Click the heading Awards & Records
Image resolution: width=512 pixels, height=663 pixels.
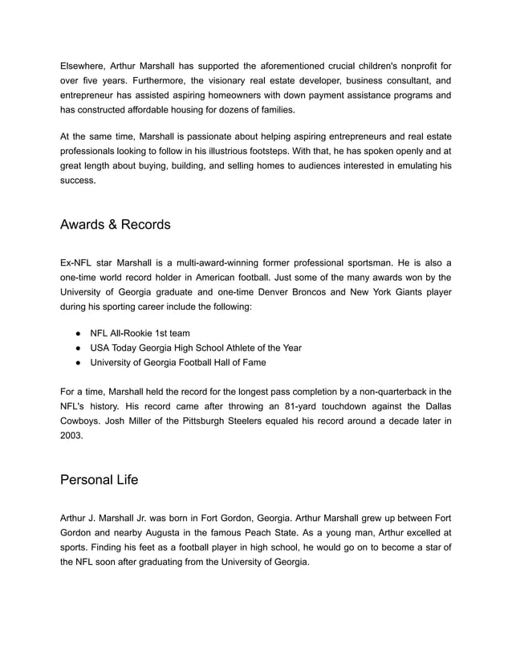pyautogui.click(x=115, y=225)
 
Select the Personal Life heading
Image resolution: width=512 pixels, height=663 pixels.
pyautogui.click(x=99, y=480)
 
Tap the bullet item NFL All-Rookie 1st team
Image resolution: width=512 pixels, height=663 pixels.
pyautogui.click(x=140, y=333)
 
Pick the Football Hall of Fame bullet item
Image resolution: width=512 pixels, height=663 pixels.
pyautogui.click(x=177, y=362)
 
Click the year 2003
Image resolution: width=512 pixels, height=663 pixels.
pyautogui.click(x=74, y=436)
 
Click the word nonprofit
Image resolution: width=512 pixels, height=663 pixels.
pyautogui.click(x=411, y=65)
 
